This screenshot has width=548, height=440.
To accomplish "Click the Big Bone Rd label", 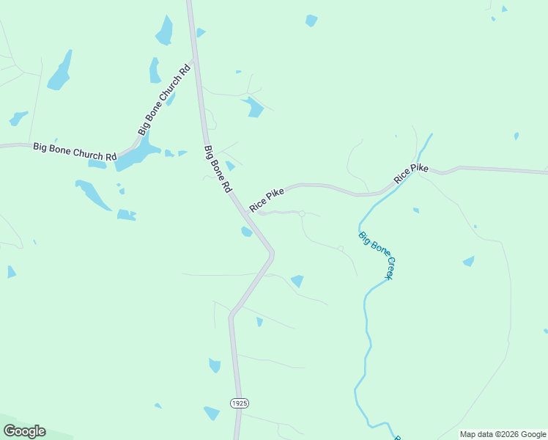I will (x=218, y=169).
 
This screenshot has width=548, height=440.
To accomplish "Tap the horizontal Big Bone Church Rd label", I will (x=75, y=152).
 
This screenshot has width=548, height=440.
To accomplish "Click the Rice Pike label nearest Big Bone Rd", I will (x=266, y=199).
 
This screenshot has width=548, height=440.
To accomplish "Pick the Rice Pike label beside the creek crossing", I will (x=410, y=174).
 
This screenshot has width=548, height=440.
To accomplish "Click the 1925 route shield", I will (x=239, y=403).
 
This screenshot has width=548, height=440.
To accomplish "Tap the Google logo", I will (x=24, y=431).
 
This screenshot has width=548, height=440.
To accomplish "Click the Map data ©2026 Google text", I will (x=503, y=434).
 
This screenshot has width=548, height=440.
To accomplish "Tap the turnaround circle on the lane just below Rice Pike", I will (x=302, y=213).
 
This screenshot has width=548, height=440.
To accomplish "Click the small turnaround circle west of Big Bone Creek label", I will (x=341, y=249).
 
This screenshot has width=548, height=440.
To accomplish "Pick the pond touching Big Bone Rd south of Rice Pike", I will (x=247, y=232).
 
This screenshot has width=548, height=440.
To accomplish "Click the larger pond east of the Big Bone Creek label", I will (x=468, y=261).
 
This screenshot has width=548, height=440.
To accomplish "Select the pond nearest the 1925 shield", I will (x=212, y=413).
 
